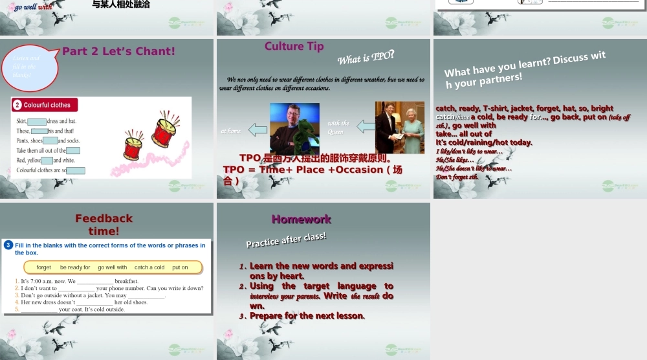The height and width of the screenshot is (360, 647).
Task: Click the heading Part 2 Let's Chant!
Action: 118,51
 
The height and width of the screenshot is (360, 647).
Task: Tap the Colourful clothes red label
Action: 45,105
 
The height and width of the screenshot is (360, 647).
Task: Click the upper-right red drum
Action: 164,127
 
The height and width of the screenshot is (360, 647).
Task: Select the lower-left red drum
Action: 133,147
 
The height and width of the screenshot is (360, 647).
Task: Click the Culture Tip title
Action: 294,46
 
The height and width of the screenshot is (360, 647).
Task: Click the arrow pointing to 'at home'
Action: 258,130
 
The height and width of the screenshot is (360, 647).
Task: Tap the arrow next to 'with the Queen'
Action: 366,126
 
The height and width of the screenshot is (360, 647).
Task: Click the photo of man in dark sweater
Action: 294,128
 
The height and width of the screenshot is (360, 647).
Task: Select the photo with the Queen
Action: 399,127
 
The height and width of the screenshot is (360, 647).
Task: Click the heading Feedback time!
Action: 104,224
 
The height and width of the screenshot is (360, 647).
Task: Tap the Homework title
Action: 301,219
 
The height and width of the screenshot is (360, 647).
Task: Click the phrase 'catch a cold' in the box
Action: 149,267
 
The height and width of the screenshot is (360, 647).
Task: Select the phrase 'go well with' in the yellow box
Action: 113,267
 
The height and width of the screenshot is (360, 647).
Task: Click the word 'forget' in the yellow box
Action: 44,267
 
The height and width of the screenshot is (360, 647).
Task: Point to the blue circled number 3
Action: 8,245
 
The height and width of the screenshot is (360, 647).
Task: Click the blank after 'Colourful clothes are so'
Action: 76,171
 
